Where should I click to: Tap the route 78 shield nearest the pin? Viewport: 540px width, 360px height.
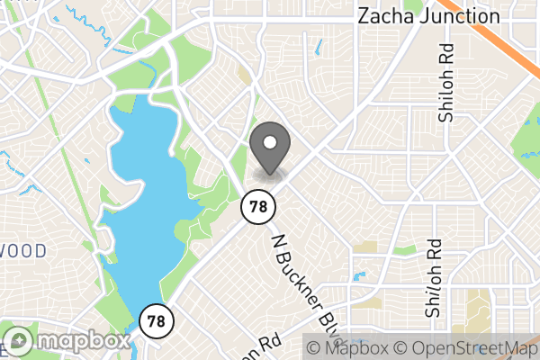point(257,207)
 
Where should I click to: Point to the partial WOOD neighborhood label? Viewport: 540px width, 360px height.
point(22,251)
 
